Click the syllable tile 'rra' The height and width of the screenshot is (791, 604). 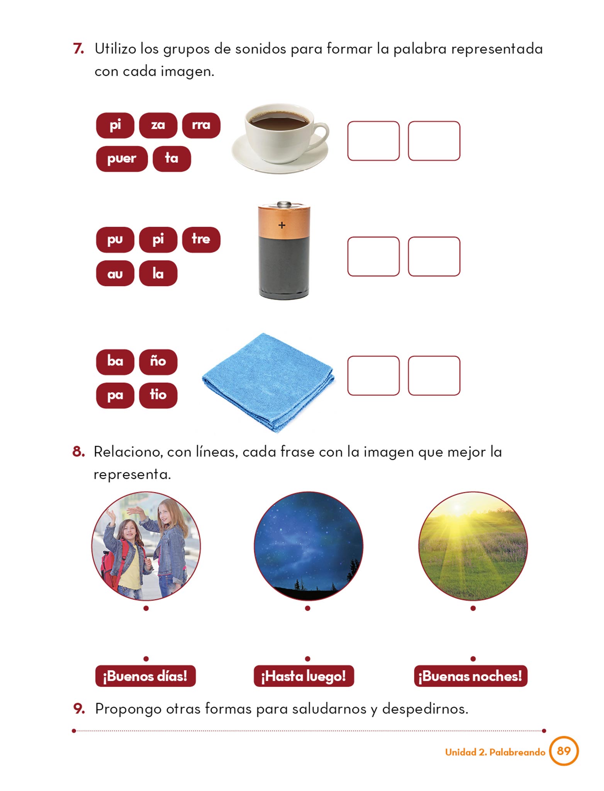click(x=201, y=125)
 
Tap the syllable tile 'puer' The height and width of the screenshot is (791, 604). click(x=122, y=158)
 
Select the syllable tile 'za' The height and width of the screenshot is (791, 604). click(x=158, y=125)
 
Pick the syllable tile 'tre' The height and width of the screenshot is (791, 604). click(x=201, y=239)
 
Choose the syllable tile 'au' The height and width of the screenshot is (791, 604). click(x=115, y=273)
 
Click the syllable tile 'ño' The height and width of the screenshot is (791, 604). click(x=158, y=362)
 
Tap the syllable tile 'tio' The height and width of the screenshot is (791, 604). click(x=158, y=395)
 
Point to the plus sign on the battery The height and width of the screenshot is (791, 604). click(x=282, y=225)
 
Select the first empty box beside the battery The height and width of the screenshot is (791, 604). click(x=373, y=256)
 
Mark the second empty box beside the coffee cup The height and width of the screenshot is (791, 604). click(x=434, y=141)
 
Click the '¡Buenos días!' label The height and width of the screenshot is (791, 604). click(x=145, y=676)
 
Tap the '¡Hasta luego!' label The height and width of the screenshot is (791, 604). click(x=304, y=676)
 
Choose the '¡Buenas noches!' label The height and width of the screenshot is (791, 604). click(x=470, y=676)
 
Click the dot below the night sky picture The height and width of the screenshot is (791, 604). click(x=307, y=608)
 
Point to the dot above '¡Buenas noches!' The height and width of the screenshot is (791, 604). click(x=473, y=659)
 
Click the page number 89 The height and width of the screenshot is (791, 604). click(x=564, y=751)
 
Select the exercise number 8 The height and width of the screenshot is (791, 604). click(x=78, y=451)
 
